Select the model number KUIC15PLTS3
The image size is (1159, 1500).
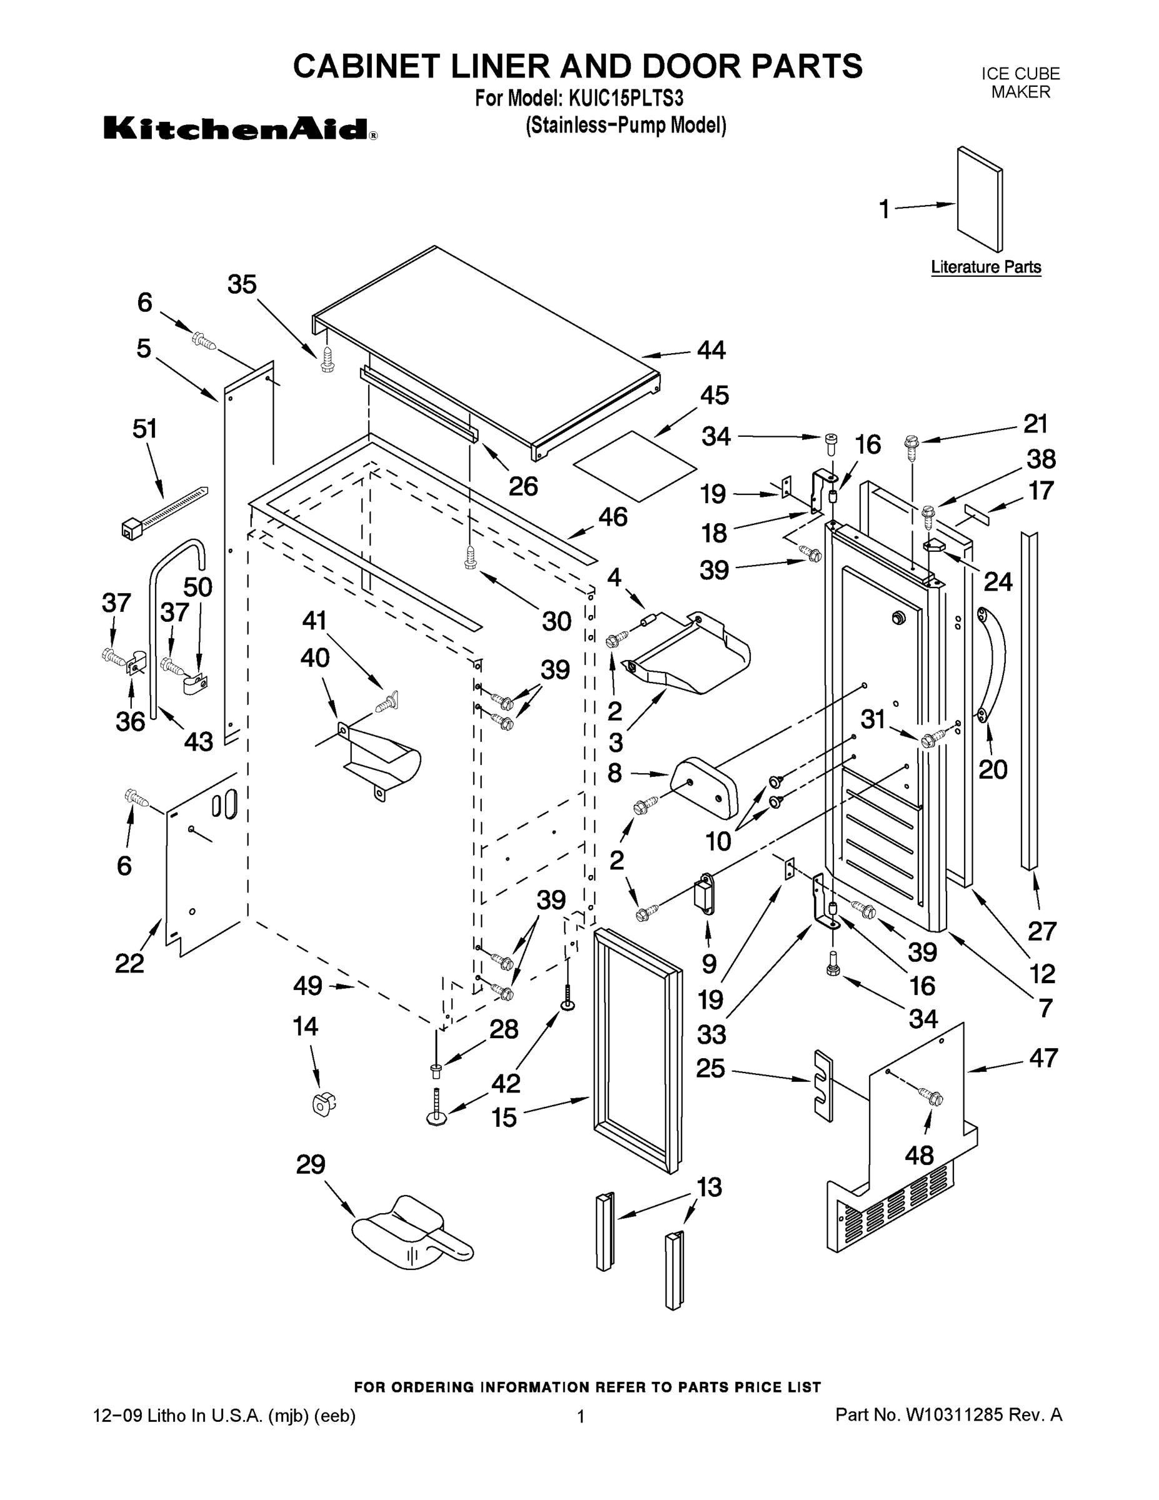click(625, 99)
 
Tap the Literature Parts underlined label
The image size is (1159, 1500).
click(985, 267)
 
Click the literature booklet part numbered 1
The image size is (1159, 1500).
click(980, 199)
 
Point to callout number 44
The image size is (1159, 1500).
click(711, 350)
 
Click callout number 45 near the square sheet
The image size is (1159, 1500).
click(714, 396)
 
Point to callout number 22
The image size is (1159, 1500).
click(129, 964)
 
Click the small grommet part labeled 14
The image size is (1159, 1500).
click(321, 1104)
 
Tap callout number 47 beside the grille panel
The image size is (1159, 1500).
click(1043, 1057)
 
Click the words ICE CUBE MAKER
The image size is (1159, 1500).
click(1020, 82)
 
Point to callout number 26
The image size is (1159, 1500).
click(522, 486)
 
